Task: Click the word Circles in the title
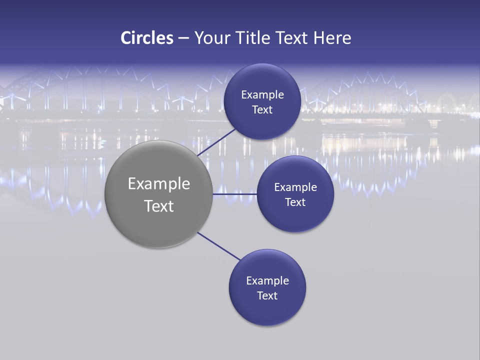[x=147, y=38]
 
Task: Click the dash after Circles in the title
[x=183, y=38]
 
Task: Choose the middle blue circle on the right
[x=295, y=217]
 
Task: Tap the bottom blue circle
[x=267, y=312]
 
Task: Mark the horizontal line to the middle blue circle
[x=234, y=194]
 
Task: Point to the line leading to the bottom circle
[x=218, y=246]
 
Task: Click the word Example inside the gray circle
[x=159, y=184]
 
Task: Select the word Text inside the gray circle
[x=159, y=206]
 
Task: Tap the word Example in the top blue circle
[x=262, y=94]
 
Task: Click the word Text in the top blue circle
[x=262, y=109]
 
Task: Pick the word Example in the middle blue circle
[x=295, y=187]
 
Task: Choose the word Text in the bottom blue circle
[x=267, y=295]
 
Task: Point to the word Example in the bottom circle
[x=267, y=280]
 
